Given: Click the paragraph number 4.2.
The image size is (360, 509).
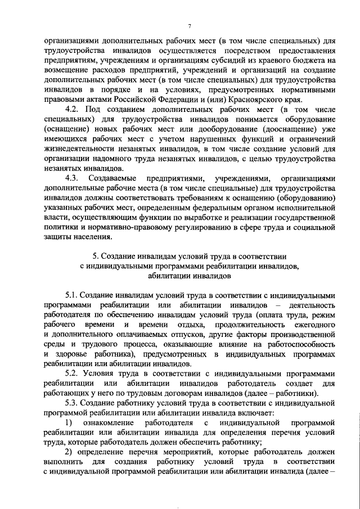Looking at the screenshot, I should [x=73, y=107].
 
